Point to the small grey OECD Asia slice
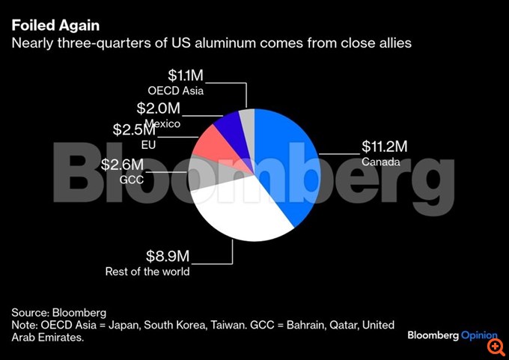click(248, 120)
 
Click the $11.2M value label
click(386, 146)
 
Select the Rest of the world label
click(147, 272)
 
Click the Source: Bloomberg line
click(59, 312)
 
